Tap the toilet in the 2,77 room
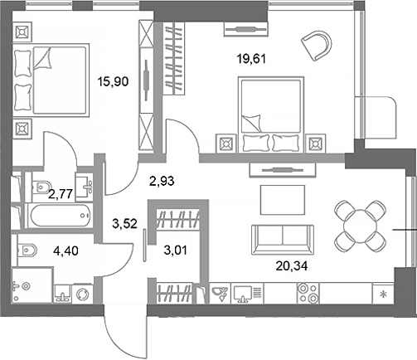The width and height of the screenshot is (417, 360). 36,188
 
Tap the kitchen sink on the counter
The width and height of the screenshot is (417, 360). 221,294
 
